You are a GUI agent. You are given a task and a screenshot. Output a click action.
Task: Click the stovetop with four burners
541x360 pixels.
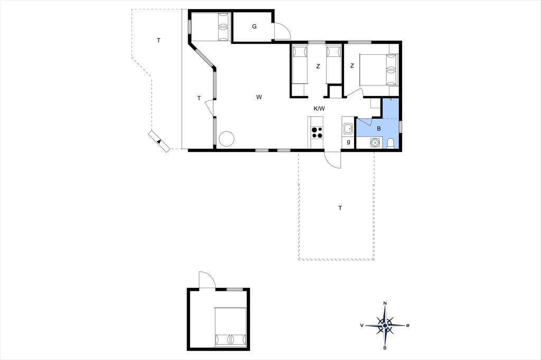coord(317,132)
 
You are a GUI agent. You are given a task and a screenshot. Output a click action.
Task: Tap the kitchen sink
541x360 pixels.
coord(348,130)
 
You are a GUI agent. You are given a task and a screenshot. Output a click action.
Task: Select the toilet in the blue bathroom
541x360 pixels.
coord(391,143)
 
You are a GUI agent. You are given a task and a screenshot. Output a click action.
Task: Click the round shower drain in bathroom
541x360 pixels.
coord(375,142)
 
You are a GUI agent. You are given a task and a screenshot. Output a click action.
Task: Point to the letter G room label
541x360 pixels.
coord(254,26)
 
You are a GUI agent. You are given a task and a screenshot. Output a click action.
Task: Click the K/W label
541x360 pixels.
coord(319,109)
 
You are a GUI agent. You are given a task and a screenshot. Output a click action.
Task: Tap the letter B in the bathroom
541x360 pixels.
coord(379,129)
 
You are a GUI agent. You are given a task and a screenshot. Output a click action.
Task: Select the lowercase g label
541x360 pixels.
coord(349,141)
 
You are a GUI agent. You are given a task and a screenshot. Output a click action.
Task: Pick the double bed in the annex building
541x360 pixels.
coord(230,327)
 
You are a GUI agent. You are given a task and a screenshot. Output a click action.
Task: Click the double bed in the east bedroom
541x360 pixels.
coord(379,70)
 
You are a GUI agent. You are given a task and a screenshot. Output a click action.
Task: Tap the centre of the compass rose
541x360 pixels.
coord(385,325)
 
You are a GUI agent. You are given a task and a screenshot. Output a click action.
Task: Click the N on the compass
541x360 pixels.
coord(385,304)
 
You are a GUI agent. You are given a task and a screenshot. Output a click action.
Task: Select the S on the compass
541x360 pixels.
coord(385,347)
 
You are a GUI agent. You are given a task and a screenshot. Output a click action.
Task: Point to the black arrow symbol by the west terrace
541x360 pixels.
coord(158,141)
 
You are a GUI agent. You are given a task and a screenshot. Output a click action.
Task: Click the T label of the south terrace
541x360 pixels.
coord(340,208)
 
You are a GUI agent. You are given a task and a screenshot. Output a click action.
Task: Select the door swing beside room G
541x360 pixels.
coord(282,31)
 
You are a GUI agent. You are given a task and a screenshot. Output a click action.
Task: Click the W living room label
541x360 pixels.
coord(259,97)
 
